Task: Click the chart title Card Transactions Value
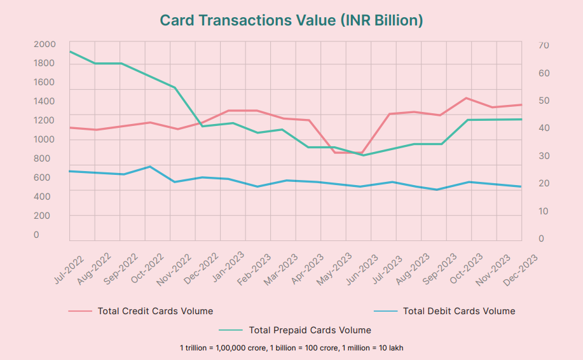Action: click(x=291, y=20)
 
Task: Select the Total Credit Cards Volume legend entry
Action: click(x=155, y=311)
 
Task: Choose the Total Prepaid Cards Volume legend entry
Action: click(x=310, y=330)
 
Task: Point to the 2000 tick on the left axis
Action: click(x=45, y=44)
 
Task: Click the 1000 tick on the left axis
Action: click(x=45, y=139)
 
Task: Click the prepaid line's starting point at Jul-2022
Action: click(x=70, y=52)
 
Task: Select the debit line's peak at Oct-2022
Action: click(x=149, y=167)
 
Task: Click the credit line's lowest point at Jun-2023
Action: click(x=362, y=153)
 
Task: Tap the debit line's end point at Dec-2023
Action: click(x=521, y=186)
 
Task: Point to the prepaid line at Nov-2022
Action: click(x=175, y=87)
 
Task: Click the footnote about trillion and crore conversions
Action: click(x=291, y=348)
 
